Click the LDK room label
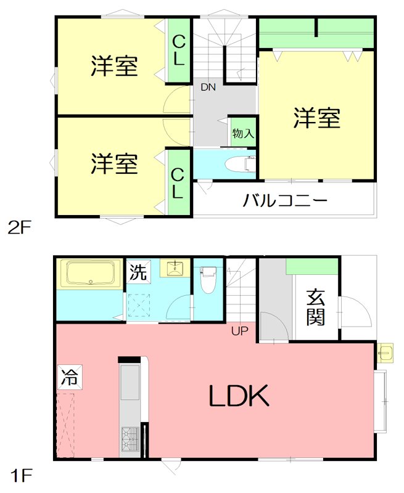click(239, 396)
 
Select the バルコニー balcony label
click(284, 201)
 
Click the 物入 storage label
click(242, 132)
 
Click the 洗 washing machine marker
click(138, 272)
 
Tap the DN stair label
click(208, 88)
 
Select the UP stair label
click(239, 332)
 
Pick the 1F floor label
click(19, 476)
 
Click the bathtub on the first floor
click(91, 273)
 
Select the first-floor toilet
click(208, 279)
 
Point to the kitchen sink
click(130, 382)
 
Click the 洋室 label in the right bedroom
click(316, 118)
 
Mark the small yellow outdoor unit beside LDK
click(387, 351)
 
